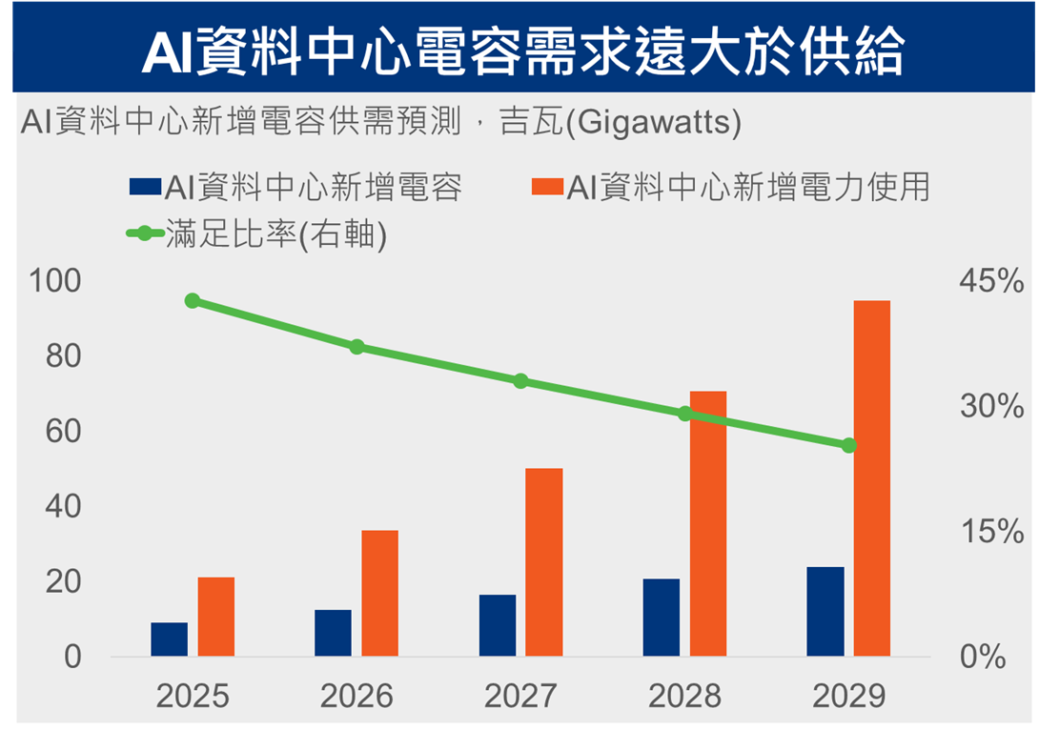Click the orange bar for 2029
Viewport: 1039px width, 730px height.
click(871, 478)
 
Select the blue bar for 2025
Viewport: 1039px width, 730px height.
click(169, 639)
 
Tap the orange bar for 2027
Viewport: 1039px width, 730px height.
click(543, 561)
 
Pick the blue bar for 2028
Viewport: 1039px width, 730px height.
click(661, 617)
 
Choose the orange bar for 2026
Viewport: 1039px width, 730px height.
click(379, 593)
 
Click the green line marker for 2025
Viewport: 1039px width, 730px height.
click(193, 301)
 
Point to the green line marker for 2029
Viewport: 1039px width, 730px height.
click(848, 445)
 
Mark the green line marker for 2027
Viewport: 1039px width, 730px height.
click(520, 381)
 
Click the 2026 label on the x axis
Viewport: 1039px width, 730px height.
click(357, 697)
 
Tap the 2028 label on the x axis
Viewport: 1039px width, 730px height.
click(684, 697)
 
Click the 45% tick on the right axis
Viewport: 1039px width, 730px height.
click(991, 281)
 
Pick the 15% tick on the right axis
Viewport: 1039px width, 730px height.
click(991, 532)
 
